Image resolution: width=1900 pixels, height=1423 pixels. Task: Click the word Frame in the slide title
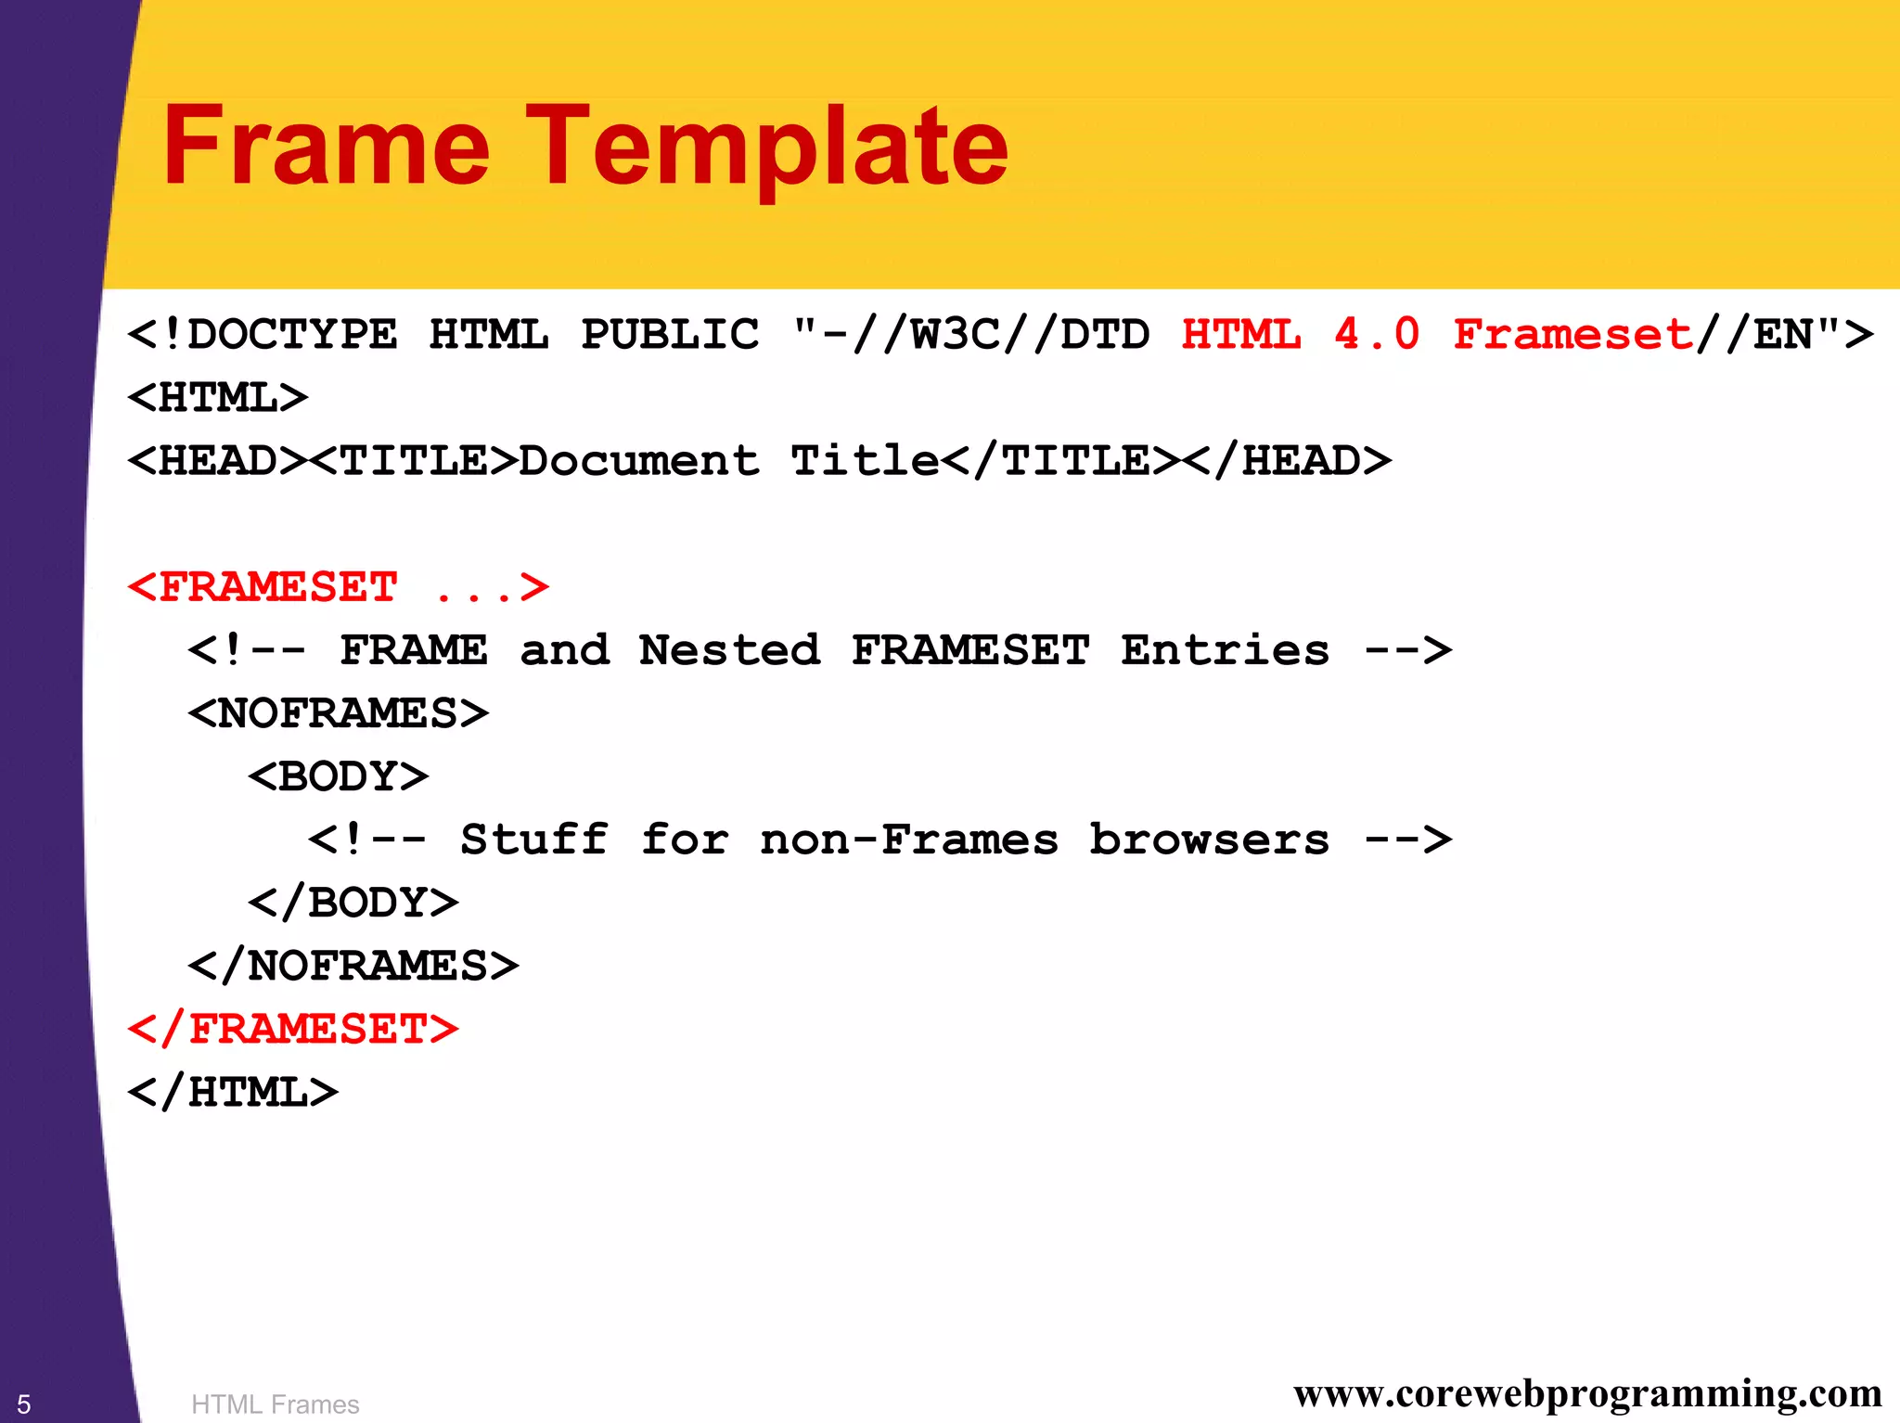click(326, 146)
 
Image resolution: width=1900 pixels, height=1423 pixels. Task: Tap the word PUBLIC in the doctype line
click(670, 335)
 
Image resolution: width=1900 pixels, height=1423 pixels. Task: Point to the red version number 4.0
click(1377, 335)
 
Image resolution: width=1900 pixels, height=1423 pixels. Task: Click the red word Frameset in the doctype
click(1573, 335)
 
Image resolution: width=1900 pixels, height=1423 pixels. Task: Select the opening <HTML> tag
click(218, 398)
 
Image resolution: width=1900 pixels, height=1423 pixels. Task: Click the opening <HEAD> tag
click(218, 461)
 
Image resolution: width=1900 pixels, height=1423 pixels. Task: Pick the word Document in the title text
click(639, 461)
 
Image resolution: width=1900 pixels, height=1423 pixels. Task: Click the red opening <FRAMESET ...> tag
click(339, 587)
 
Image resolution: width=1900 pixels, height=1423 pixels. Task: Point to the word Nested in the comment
click(729, 650)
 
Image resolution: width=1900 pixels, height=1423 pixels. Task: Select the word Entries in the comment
click(1225, 650)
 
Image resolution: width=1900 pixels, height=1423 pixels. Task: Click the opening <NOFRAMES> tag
click(339, 713)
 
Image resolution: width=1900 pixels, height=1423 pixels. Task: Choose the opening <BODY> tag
click(339, 776)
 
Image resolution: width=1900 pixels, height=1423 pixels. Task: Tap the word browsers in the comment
click(1209, 840)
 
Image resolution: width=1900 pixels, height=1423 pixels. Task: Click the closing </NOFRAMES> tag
click(353, 966)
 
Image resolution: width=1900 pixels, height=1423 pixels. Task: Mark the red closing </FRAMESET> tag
click(293, 1029)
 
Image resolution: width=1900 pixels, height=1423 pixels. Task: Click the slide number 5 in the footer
click(24, 1404)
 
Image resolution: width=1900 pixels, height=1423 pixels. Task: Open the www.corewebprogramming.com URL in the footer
click(1587, 1394)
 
